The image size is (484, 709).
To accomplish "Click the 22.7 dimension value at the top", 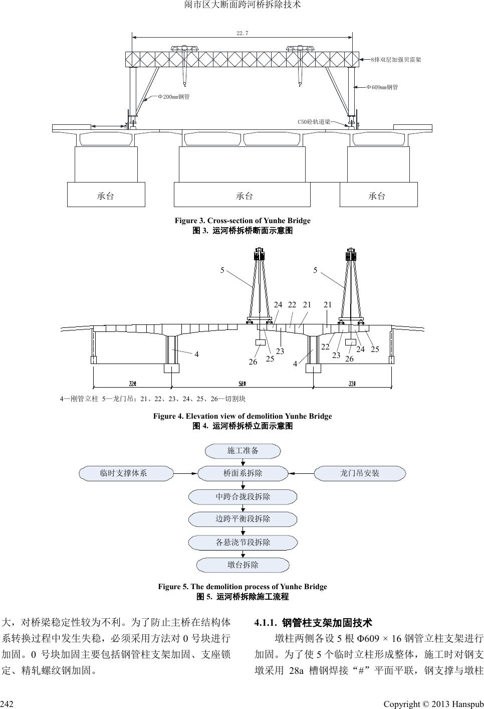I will click(x=242, y=33).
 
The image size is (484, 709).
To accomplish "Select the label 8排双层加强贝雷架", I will click(x=395, y=60).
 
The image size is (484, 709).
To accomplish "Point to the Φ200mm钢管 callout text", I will click(x=173, y=96).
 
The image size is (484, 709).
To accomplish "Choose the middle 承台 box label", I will click(x=244, y=196).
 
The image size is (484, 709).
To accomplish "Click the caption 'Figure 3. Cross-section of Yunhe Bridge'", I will click(x=242, y=221).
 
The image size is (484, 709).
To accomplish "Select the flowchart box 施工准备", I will click(x=243, y=450).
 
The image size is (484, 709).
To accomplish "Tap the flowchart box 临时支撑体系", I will click(x=123, y=473).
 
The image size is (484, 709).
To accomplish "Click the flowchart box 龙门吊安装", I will click(x=360, y=473).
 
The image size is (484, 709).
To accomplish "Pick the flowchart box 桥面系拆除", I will click(x=243, y=473).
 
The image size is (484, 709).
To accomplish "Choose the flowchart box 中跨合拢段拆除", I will click(x=243, y=496).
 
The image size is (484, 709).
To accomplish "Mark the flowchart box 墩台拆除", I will click(x=243, y=565).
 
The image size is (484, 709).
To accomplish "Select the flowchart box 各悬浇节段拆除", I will click(x=243, y=542).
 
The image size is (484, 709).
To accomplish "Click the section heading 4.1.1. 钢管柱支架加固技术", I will click(x=313, y=623).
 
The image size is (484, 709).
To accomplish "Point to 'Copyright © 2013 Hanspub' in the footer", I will click(x=433, y=704).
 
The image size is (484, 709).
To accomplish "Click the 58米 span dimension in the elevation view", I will click(x=242, y=384).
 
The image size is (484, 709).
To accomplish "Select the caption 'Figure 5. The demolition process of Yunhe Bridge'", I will click(x=242, y=587).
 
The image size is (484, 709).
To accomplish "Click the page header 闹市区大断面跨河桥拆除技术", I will click(x=242, y=6).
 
